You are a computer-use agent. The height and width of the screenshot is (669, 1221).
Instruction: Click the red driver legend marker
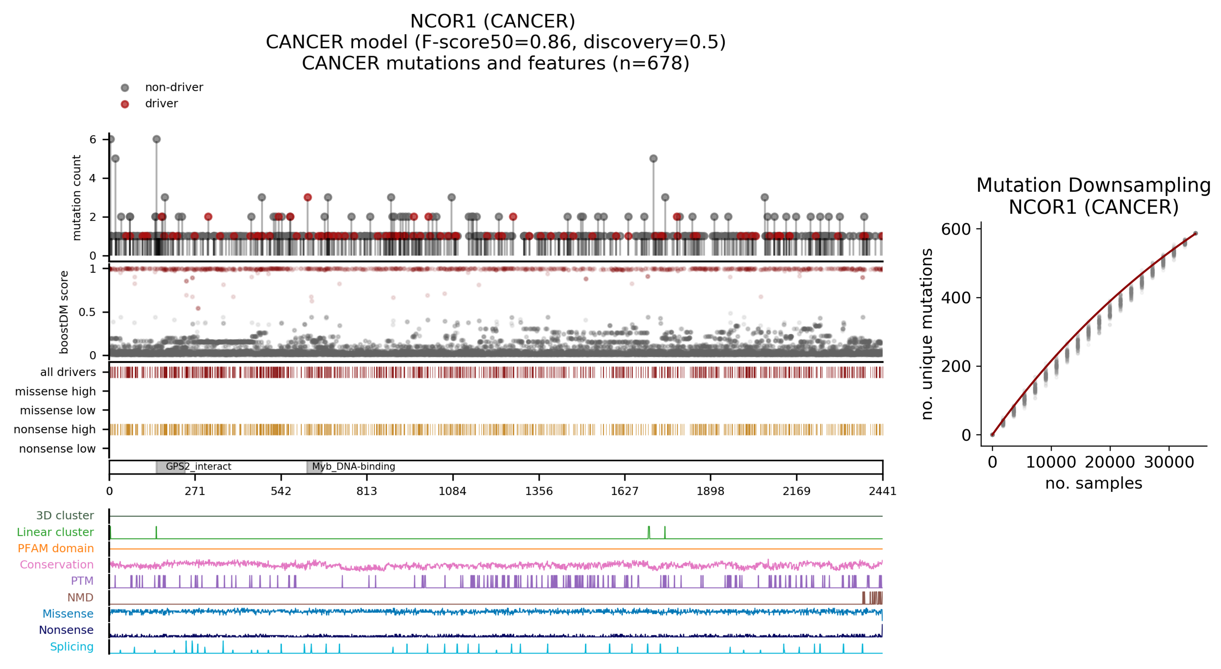pyautogui.click(x=125, y=104)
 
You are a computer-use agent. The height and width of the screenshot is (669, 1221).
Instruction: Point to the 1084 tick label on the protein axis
pyautogui.click(x=452, y=491)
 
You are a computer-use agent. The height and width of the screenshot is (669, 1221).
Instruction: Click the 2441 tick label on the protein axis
pyautogui.click(x=882, y=491)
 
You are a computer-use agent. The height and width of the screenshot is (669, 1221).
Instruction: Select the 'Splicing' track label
pyautogui.click(x=72, y=647)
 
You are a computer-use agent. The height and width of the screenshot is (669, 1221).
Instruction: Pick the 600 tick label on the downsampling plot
pyautogui.click(x=956, y=229)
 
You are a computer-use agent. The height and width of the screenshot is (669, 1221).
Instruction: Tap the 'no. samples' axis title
pyautogui.click(x=1093, y=483)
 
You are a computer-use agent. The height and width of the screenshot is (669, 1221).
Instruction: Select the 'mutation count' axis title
pyautogui.click(x=76, y=198)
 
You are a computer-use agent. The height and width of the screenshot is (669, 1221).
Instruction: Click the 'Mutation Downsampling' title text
pyautogui.click(x=1093, y=185)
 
